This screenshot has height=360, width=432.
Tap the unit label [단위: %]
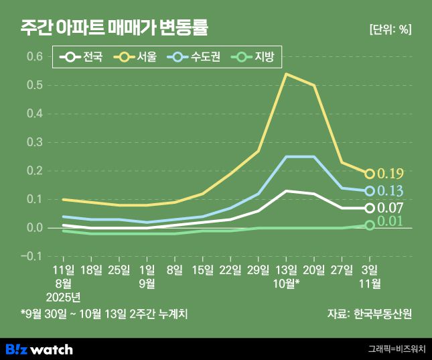(x=390, y=29)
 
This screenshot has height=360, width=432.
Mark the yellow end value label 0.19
(x=391, y=174)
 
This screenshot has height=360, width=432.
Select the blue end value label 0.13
(x=391, y=192)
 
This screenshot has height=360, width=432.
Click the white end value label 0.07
(x=391, y=208)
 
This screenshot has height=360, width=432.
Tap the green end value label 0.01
(x=391, y=222)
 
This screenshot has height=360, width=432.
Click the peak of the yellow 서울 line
(x=287, y=74)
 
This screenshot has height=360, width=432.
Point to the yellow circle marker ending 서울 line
(x=370, y=174)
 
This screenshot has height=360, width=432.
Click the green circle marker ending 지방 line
(x=370, y=225)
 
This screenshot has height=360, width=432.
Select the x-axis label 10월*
(x=287, y=283)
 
